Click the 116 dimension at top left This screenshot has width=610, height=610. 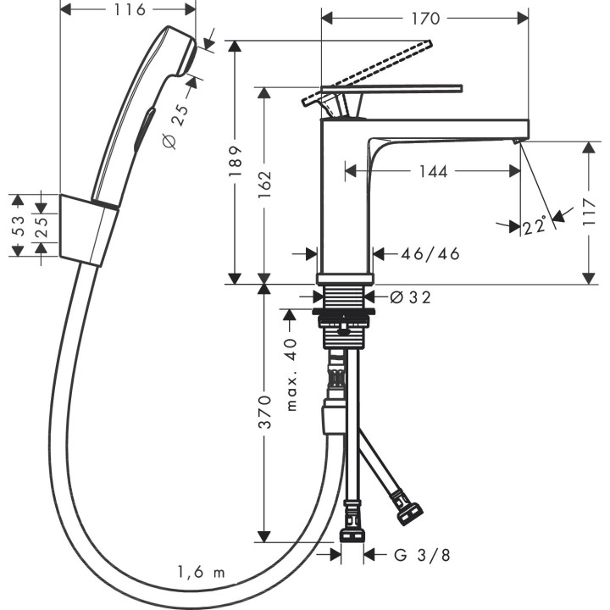(x=128, y=9)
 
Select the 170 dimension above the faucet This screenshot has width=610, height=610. (x=425, y=17)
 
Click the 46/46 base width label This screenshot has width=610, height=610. (x=431, y=253)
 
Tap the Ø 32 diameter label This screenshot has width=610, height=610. (x=410, y=297)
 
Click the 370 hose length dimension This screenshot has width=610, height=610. (x=264, y=410)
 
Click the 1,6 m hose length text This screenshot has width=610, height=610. (x=202, y=573)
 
